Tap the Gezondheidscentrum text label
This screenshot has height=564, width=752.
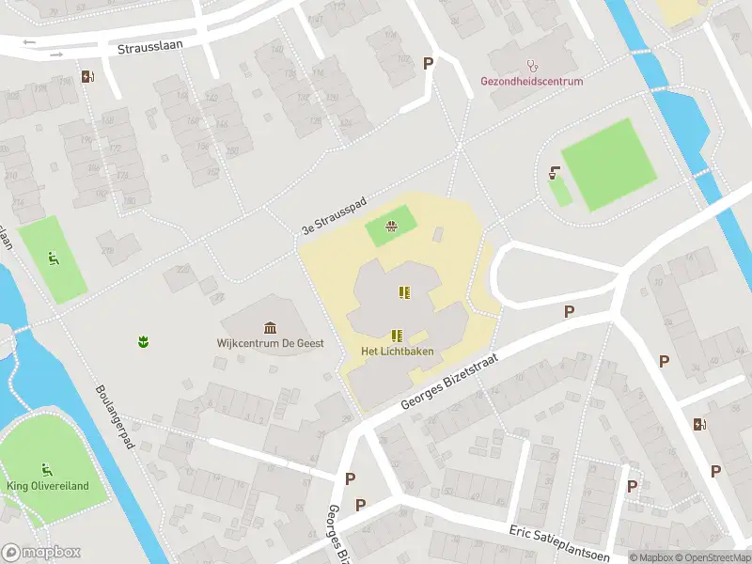531,82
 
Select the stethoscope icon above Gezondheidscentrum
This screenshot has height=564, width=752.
532,66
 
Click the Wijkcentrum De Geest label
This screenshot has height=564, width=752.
270,343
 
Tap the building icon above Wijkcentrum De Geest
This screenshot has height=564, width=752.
271,327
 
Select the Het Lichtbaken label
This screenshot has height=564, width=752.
396,352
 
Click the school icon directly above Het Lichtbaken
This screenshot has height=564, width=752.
396,335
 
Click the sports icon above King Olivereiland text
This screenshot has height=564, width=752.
45,468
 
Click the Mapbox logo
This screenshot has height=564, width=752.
41,553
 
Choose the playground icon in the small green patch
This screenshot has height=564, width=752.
391,226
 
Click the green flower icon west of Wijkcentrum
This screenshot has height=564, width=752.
144,341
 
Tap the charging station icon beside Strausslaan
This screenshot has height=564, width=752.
87,77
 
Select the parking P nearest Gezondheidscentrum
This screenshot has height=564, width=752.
429,64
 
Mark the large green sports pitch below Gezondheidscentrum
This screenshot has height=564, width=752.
608,164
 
